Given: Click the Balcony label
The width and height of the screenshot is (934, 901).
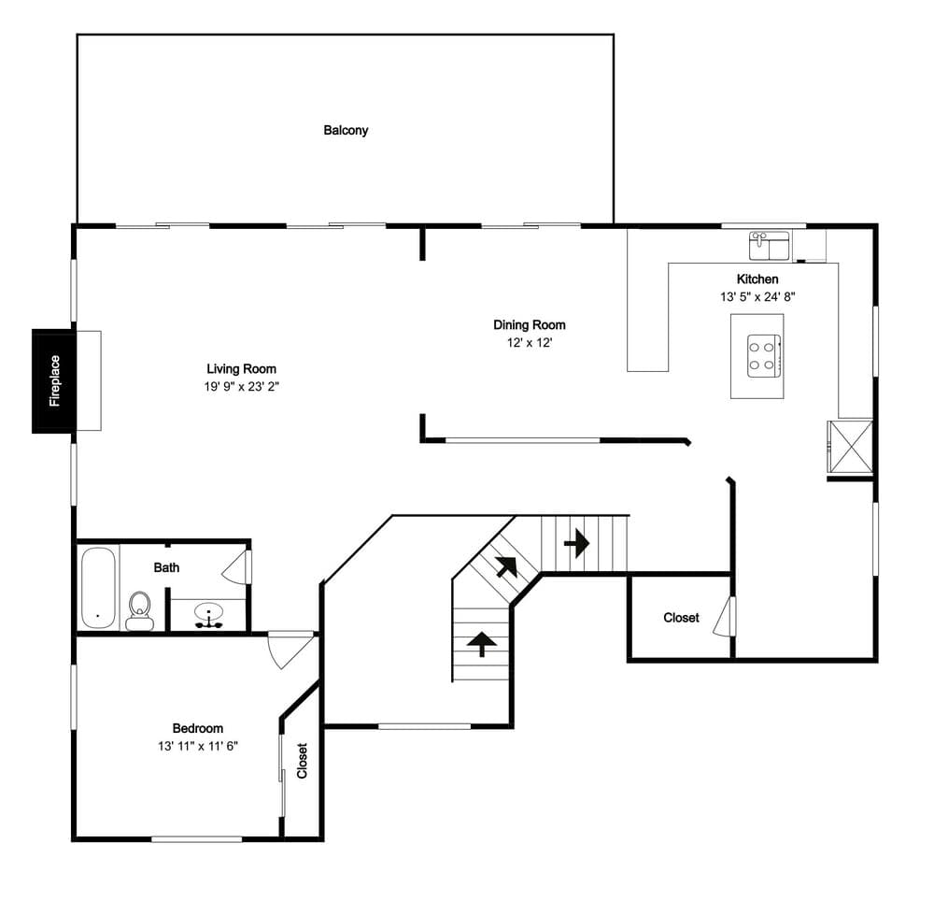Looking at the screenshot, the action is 346,131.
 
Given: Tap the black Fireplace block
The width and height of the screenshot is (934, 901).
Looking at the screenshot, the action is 54,380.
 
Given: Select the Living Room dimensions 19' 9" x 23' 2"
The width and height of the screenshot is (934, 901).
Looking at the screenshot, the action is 242,387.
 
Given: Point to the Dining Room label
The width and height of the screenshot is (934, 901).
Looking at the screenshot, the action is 530,324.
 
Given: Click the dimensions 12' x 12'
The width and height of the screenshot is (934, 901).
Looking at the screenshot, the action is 530,343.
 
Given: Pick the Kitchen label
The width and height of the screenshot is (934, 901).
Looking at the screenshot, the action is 757,279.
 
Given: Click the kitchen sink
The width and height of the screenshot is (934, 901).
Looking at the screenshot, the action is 769,246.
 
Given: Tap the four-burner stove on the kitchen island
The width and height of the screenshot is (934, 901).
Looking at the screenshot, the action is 764,356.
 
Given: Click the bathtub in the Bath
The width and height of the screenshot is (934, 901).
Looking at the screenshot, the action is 98,588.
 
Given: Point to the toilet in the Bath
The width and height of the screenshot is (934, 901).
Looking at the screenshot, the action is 140,611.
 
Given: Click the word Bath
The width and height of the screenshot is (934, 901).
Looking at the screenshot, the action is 166,567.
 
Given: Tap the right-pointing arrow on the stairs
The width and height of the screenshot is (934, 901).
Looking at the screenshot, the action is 576,543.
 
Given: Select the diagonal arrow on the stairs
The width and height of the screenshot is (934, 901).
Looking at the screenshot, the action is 506,567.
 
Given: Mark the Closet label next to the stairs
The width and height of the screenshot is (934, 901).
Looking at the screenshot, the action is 682,618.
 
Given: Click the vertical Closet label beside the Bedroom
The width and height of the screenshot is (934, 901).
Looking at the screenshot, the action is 302,761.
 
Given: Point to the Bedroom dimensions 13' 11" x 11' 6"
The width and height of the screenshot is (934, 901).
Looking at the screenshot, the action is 198,746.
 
